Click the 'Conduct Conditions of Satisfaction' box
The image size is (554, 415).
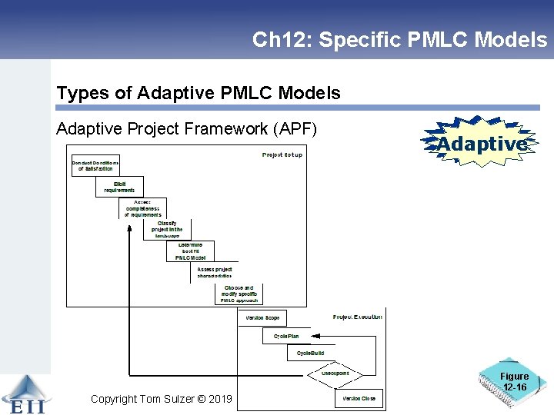[95, 165]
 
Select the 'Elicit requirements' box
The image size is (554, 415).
[119, 187]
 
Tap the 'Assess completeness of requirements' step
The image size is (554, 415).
[143, 208]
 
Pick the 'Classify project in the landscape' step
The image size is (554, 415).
[167, 229]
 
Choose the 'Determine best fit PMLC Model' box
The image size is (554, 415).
[190, 251]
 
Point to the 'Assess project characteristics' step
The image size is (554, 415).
[215, 273]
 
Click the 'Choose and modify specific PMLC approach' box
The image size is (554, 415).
[238, 295]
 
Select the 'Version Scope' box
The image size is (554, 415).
[262, 317]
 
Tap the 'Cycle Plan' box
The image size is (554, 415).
[286, 336]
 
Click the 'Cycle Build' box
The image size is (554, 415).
[309, 353]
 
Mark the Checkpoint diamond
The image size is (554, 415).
[333, 373]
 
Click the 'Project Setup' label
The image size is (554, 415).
[282, 154]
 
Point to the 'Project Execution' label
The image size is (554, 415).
[357, 317]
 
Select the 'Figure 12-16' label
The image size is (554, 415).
[514, 382]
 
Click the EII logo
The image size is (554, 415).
[24, 395]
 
